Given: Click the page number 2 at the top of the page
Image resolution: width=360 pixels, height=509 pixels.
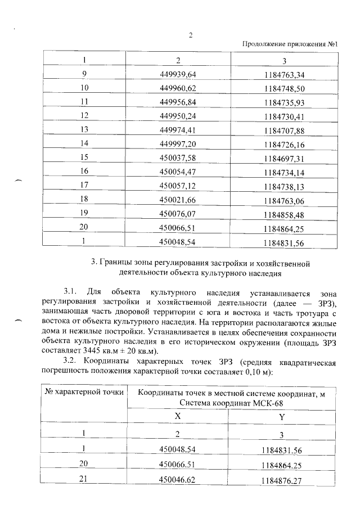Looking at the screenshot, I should point(190,35).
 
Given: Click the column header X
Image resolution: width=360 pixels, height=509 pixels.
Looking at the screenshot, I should point(177,417).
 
